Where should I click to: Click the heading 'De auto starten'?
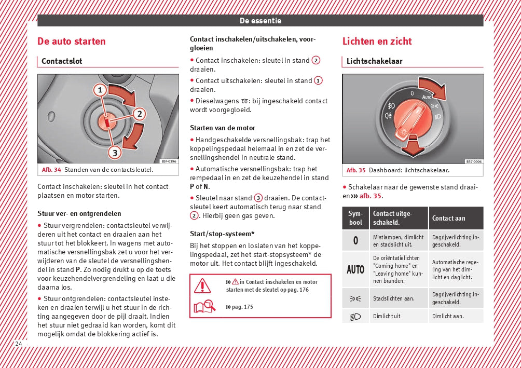pos(71,42)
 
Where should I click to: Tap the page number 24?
pos(19,344)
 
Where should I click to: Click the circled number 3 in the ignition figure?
pos(114,152)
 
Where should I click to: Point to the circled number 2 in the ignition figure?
pos(139,114)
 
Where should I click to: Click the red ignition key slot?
pos(106,121)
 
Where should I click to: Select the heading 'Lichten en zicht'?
pos(377,42)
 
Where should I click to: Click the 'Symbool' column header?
pos(355,218)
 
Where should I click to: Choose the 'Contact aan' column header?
pos(448,218)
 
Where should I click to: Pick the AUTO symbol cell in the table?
pos(355,269)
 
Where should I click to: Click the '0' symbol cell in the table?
pos(355,240)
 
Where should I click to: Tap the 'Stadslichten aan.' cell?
pos(393,298)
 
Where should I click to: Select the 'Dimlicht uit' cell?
pos(387,316)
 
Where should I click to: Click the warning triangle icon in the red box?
pos(202,285)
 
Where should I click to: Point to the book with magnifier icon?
pos(204,307)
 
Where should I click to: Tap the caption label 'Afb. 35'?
pos(356,170)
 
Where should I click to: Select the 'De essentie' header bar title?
pos(260,21)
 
